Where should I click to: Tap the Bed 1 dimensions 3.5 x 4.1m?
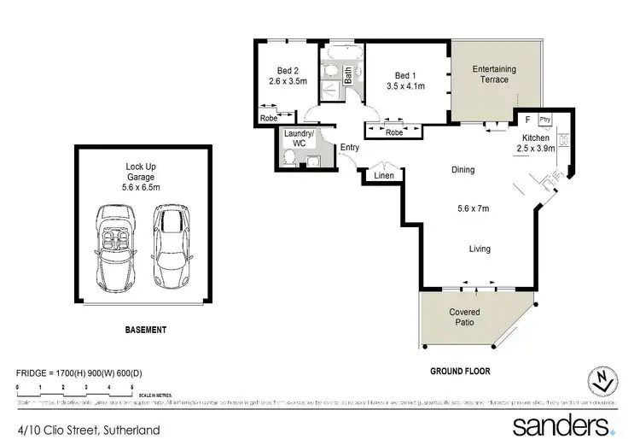click(406, 86)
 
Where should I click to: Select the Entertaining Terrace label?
click(492, 73)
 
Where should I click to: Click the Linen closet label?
click(383, 176)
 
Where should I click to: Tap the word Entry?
click(350, 148)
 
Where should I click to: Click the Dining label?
click(463, 170)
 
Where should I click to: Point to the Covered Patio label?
click(464, 318)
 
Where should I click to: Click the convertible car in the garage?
click(112, 247)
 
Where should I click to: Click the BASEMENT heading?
click(144, 330)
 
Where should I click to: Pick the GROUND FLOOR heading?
click(458, 372)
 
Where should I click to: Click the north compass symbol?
click(602, 382)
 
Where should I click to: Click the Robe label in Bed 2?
click(270, 119)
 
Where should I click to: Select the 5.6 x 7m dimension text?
click(474, 208)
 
